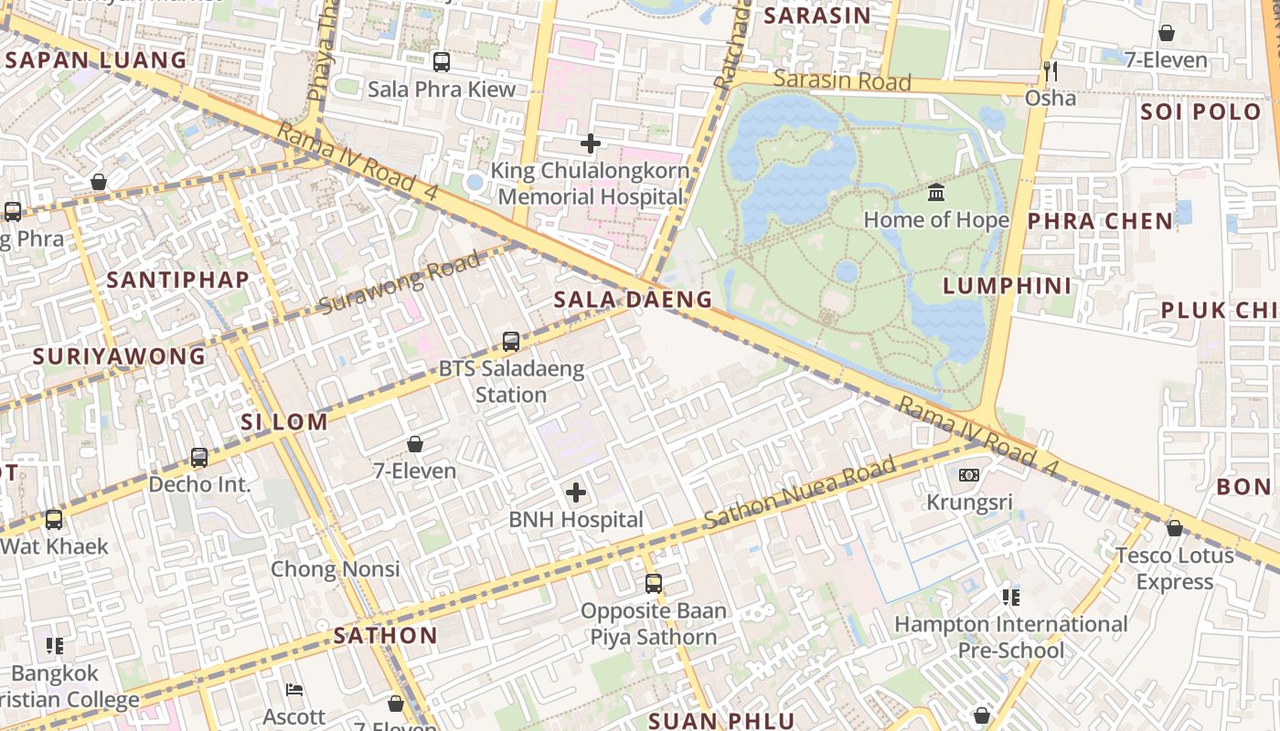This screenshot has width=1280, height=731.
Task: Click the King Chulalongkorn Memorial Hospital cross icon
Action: point(591,143)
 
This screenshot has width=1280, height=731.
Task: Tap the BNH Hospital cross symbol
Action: point(576,493)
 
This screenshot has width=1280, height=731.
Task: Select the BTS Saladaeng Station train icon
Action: point(511,342)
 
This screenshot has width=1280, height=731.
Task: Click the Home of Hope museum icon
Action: point(936,193)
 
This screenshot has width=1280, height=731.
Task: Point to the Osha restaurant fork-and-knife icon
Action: point(1051,70)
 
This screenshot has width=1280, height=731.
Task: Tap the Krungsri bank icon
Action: point(969,475)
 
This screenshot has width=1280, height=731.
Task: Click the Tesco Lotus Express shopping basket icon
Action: point(1175,528)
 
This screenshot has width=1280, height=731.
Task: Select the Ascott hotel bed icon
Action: point(294,690)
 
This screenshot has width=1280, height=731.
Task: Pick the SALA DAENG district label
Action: point(633,300)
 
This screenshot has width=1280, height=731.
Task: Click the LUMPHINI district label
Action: point(1007,286)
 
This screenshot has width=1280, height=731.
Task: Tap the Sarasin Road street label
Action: point(842,80)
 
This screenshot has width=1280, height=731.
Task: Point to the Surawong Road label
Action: point(400,283)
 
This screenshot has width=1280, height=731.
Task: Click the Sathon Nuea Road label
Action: point(799,494)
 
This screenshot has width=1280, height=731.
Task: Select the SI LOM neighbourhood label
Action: point(284,422)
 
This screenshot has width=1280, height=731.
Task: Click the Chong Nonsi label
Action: point(335,569)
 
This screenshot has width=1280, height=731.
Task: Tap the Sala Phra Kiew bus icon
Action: point(442,62)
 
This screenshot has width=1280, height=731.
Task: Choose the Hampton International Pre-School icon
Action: point(1010,598)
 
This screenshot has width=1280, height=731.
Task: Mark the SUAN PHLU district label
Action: point(721,721)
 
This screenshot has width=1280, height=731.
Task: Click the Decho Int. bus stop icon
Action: point(199,457)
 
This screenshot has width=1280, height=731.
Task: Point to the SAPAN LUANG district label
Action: point(96,60)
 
